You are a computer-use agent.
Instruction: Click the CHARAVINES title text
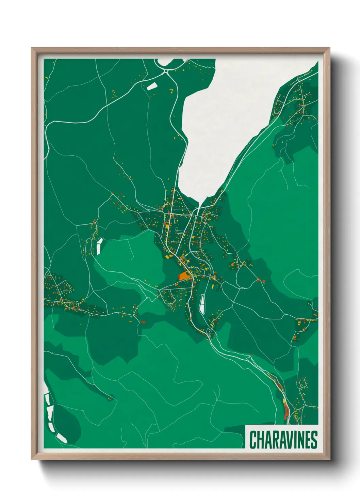tap(283, 440)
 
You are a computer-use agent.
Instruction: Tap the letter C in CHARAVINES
tap(253, 440)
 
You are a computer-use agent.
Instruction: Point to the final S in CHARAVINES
tap(314, 440)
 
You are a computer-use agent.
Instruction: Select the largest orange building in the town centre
tap(184, 275)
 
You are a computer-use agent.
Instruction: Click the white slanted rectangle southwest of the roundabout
tap(151, 86)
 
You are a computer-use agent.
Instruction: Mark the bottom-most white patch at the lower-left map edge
tap(62, 438)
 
